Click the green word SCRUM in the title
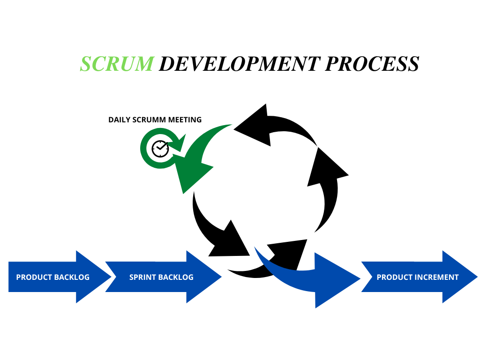coord(116,64)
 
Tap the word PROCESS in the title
coord(372,64)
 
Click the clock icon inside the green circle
coord(160,148)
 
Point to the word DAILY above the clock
coord(119,120)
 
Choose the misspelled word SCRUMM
coord(150,120)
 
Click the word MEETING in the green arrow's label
coord(186,120)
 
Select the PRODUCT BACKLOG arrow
coord(56,277)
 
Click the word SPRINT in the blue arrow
coord(141,277)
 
